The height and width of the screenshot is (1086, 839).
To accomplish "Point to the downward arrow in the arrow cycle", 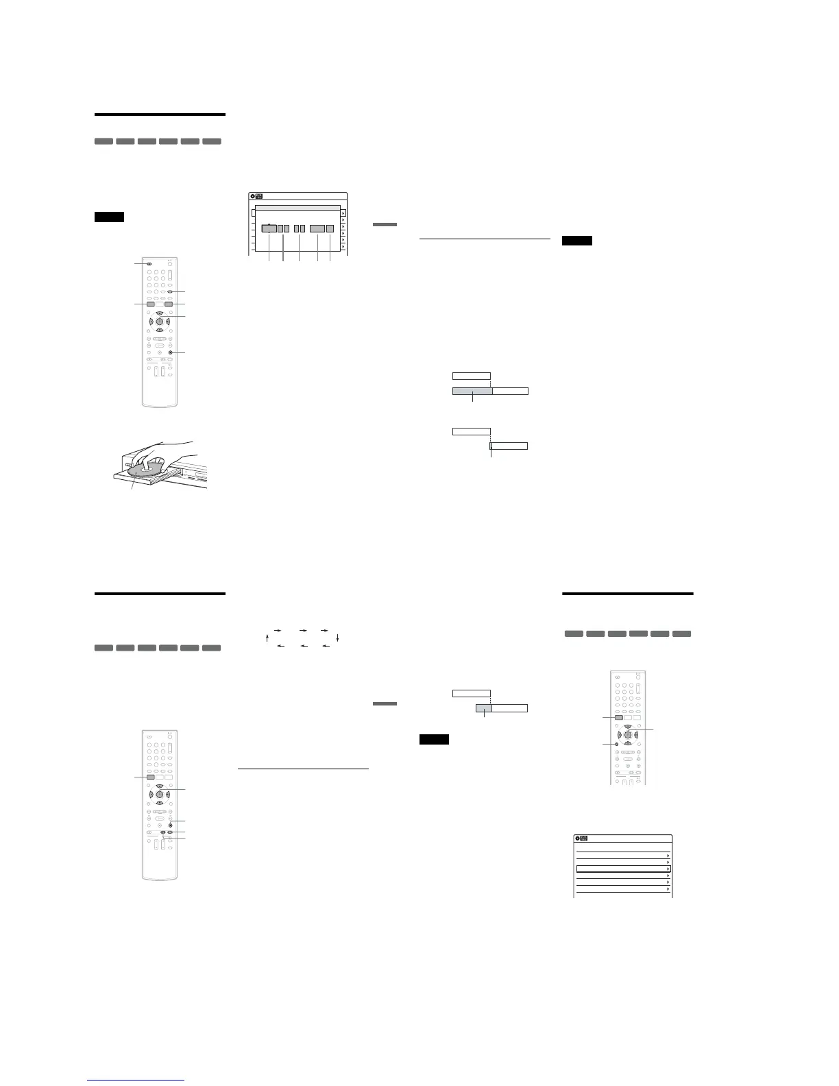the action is (x=338, y=638).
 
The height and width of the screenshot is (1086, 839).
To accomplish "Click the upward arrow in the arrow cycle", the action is (x=267, y=638).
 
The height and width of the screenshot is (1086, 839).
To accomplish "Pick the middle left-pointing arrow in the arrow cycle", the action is (x=302, y=646).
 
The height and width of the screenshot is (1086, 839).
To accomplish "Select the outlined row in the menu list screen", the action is (x=623, y=869).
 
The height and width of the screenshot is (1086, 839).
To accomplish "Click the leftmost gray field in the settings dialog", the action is (x=268, y=228).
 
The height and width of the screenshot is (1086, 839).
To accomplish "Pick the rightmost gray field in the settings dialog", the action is (x=330, y=228).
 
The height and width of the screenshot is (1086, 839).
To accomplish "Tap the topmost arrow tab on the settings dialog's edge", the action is (x=343, y=213).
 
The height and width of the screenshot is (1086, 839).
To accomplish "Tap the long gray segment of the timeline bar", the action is (x=472, y=391).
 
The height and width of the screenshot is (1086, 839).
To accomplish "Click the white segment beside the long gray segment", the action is (x=511, y=391).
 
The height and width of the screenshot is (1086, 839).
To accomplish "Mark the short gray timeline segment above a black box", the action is (x=484, y=708).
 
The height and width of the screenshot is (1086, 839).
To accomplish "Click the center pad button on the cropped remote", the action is (x=628, y=735).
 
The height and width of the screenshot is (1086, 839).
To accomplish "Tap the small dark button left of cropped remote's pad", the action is (x=616, y=744).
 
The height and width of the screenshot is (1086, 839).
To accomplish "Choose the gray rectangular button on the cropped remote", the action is (x=620, y=718).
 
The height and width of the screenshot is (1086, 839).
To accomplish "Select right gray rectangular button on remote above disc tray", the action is (x=168, y=303).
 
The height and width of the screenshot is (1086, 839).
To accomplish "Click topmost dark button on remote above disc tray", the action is (x=148, y=263).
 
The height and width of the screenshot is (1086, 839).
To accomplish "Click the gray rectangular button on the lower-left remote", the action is (x=150, y=777).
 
